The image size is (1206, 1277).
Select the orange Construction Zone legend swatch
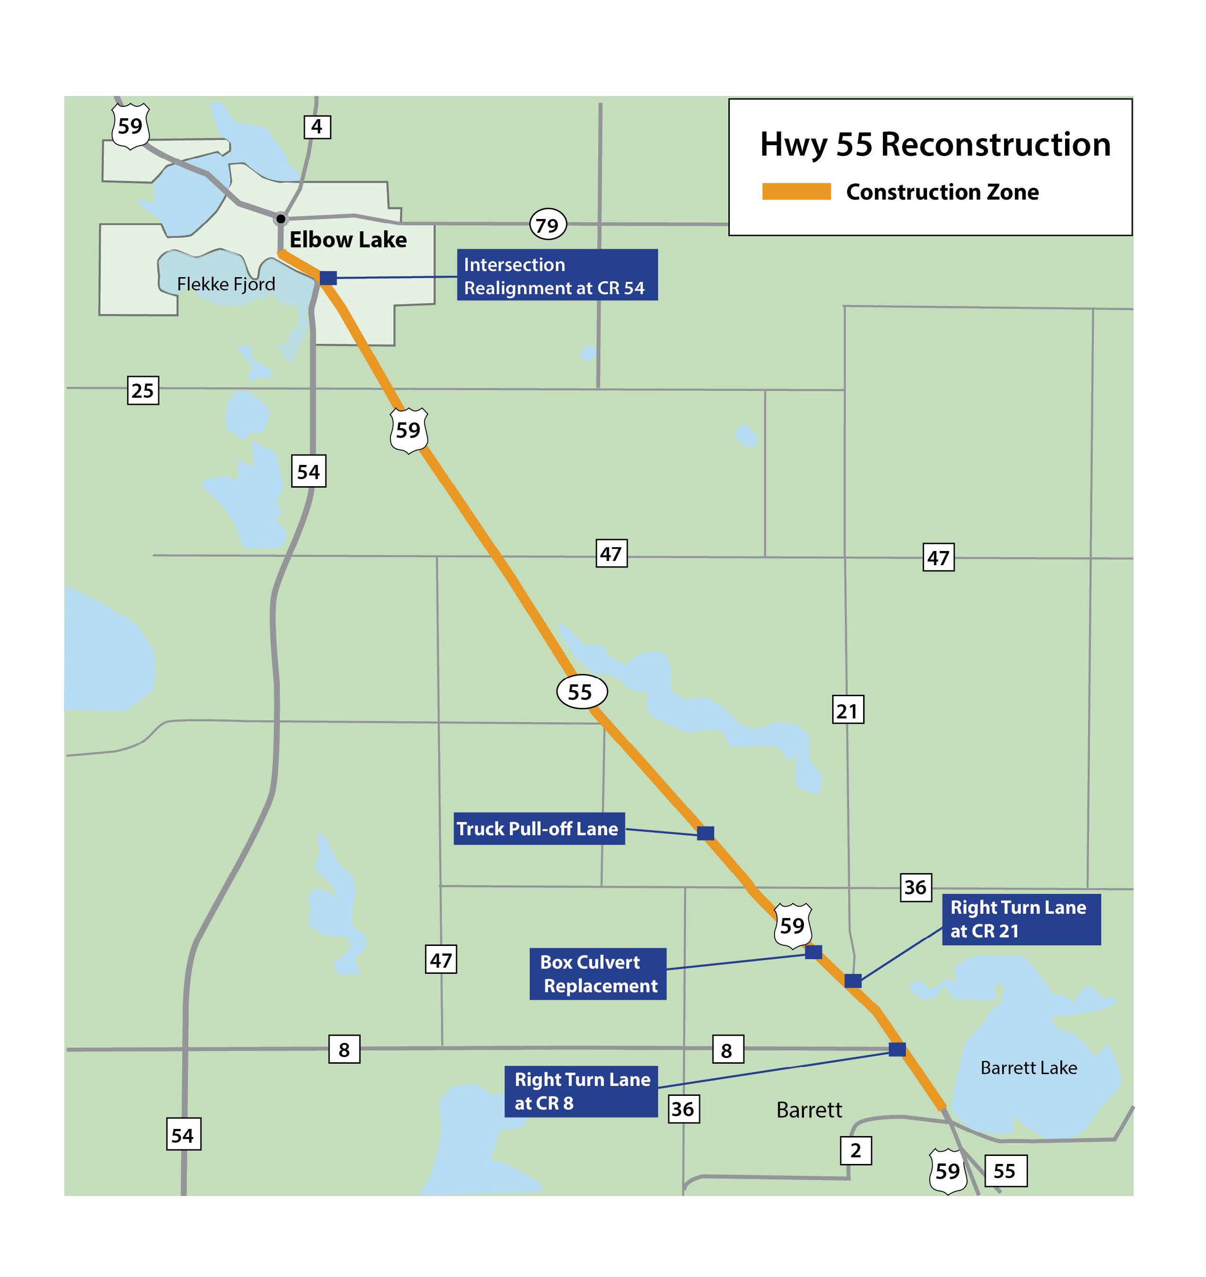click(796, 192)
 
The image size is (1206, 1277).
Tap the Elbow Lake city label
click(348, 240)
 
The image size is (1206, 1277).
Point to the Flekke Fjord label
click(226, 284)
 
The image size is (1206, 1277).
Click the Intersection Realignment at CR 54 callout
click(557, 275)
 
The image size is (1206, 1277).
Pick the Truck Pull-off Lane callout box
click(539, 829)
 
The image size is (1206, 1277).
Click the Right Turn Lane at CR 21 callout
click(1021, 919)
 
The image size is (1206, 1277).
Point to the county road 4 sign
click(317, 127)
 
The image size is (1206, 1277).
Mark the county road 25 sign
click(143, 390)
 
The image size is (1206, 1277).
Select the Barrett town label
click(809, 1110)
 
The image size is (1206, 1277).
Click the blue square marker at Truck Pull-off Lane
click(705, 833)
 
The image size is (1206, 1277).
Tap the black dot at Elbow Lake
click(281, 219)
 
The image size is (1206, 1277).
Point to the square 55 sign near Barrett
click(1005, 1171)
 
